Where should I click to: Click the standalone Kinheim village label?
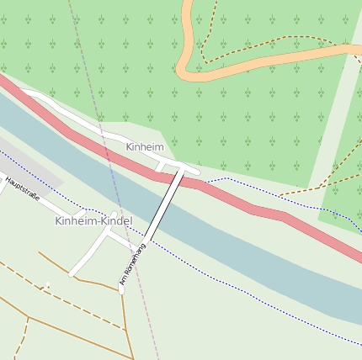tap(144, 146)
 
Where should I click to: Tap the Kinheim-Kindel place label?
tap(93, 220)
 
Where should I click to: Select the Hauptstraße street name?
tap(22, 191)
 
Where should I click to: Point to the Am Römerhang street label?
tap(133, 263)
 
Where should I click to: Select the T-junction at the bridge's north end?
tap(181, 168)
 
